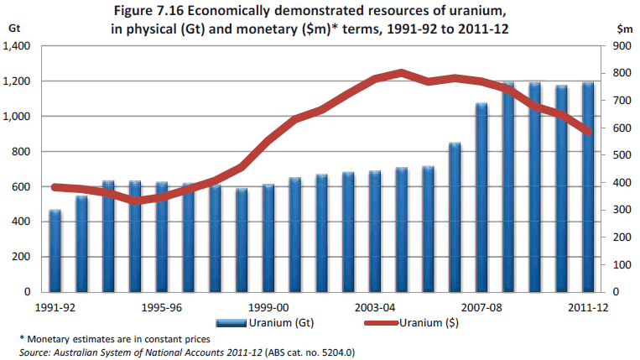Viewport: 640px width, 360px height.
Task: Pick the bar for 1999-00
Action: (x=268, y=238)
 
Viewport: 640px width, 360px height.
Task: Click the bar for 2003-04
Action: (x=375, y=232)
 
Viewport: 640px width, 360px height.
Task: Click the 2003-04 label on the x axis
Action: (x=375, y=306)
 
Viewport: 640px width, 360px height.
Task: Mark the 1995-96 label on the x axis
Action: (x=162, y=306)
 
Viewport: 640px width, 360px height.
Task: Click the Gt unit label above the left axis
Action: (x=13, y=28)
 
